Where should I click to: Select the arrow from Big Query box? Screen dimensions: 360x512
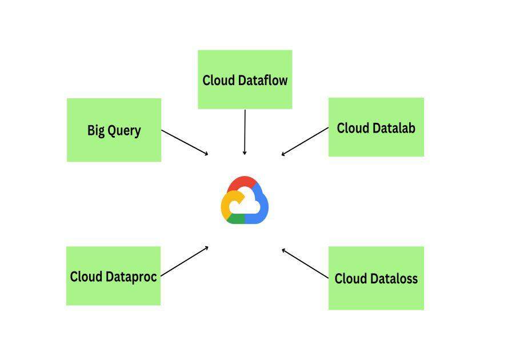[x=185, y=142]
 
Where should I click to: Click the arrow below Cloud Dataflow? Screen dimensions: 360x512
[x=245, y=132]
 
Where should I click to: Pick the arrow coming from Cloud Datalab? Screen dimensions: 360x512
[x=305, y=141]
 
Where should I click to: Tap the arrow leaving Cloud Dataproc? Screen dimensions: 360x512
[x=185, y=261]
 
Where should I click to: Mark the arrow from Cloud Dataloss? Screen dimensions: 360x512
[x=305, y=263]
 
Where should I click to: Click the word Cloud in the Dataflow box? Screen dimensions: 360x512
[x=218, y=80]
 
